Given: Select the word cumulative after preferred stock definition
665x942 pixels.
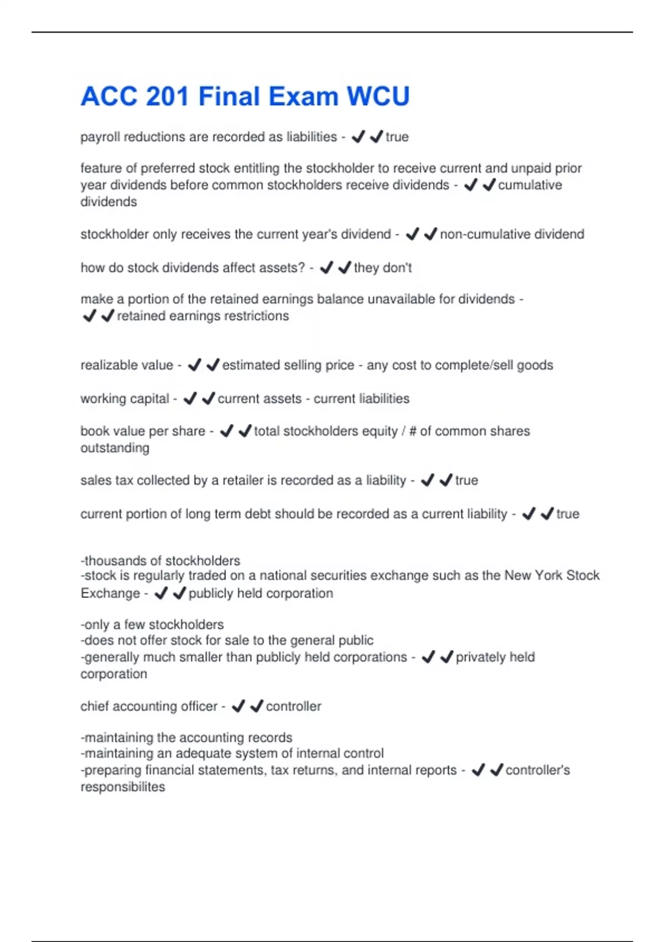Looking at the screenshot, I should click(530, 185).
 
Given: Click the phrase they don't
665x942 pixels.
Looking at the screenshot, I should click(383, 268).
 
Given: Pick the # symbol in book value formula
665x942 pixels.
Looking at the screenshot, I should click(412, 431).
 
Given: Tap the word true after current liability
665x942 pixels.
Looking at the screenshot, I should click(567, 514).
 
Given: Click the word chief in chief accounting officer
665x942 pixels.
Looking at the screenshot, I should click(95, 706).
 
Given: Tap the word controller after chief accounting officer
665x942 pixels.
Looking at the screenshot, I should click(293, 706).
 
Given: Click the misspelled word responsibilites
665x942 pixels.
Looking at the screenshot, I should click(122, 787).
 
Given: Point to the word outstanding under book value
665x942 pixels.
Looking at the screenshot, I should click(115, 448).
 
